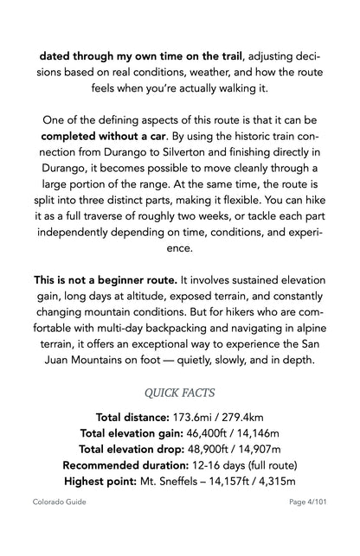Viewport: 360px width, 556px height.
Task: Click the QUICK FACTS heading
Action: click(179, 393)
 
